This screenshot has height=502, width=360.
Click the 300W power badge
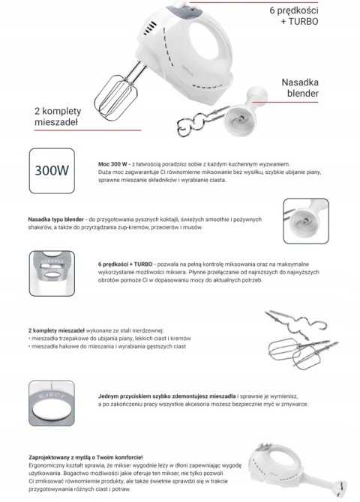(52, 171)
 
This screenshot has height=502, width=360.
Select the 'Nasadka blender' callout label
(300, 88)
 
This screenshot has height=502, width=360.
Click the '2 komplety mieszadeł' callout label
(58, 116)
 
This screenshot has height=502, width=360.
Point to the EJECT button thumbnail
(52, 403)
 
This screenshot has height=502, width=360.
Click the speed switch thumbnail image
(52, 273)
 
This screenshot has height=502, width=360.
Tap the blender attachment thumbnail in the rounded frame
(306, 221)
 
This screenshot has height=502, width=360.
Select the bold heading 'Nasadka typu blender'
(55, 220)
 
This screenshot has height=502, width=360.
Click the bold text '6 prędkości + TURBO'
(125, 264)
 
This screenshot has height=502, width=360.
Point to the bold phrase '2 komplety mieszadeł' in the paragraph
(56, 330)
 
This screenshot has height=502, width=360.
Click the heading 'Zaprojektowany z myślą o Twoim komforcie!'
(85, 458)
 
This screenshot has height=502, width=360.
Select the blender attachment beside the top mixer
(244, 111)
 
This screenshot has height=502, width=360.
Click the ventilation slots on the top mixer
(149, 28)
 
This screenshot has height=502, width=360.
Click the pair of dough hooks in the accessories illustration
(295, 324)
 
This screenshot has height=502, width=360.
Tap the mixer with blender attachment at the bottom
(298, 470)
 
